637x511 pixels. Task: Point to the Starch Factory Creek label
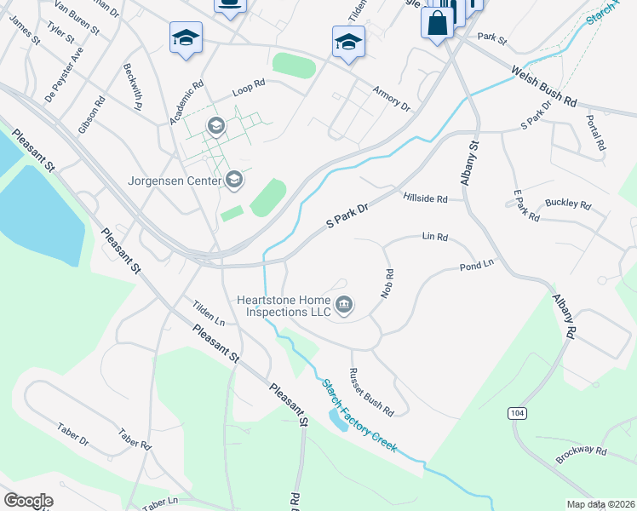(x=359, y=416)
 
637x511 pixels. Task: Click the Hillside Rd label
(x=425, y=198)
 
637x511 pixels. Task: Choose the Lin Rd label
(x=434, y=237)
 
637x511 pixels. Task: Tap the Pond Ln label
(x=476, y=266)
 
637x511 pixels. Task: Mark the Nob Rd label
(x=389, y=289)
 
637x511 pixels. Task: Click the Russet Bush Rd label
(x=371, y=392)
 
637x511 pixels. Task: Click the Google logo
(x=28, y=501)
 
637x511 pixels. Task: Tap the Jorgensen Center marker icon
(x=234, y=180)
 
